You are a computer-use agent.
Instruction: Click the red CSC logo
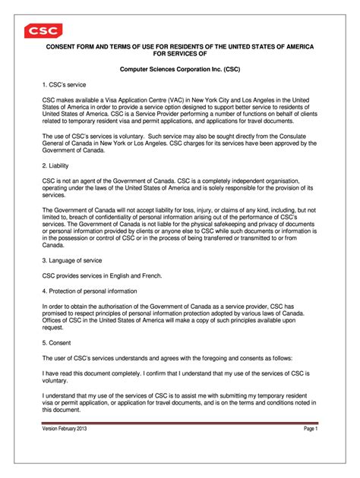(43, 31)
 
